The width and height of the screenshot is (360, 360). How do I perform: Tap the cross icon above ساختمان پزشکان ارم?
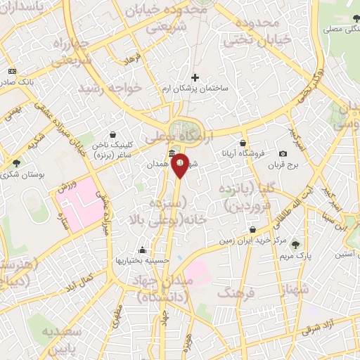(x=195, y=77)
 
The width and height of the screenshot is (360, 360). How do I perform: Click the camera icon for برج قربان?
(x=283, y=154)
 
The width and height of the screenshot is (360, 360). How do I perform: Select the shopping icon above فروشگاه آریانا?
(x=243, y=143)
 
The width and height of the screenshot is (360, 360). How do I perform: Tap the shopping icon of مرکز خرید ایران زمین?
(x=252, y=230)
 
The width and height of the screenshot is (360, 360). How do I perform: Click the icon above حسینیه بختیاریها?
(x=143, y=250)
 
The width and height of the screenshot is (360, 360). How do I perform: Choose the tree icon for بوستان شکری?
(x=16, y=163)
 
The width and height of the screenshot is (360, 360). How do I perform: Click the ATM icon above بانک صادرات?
(x=12, y=72)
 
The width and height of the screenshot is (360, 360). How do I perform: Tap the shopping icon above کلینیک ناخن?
(x=112, y=135)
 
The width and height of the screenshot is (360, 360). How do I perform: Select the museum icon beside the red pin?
(x=172, y=154)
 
